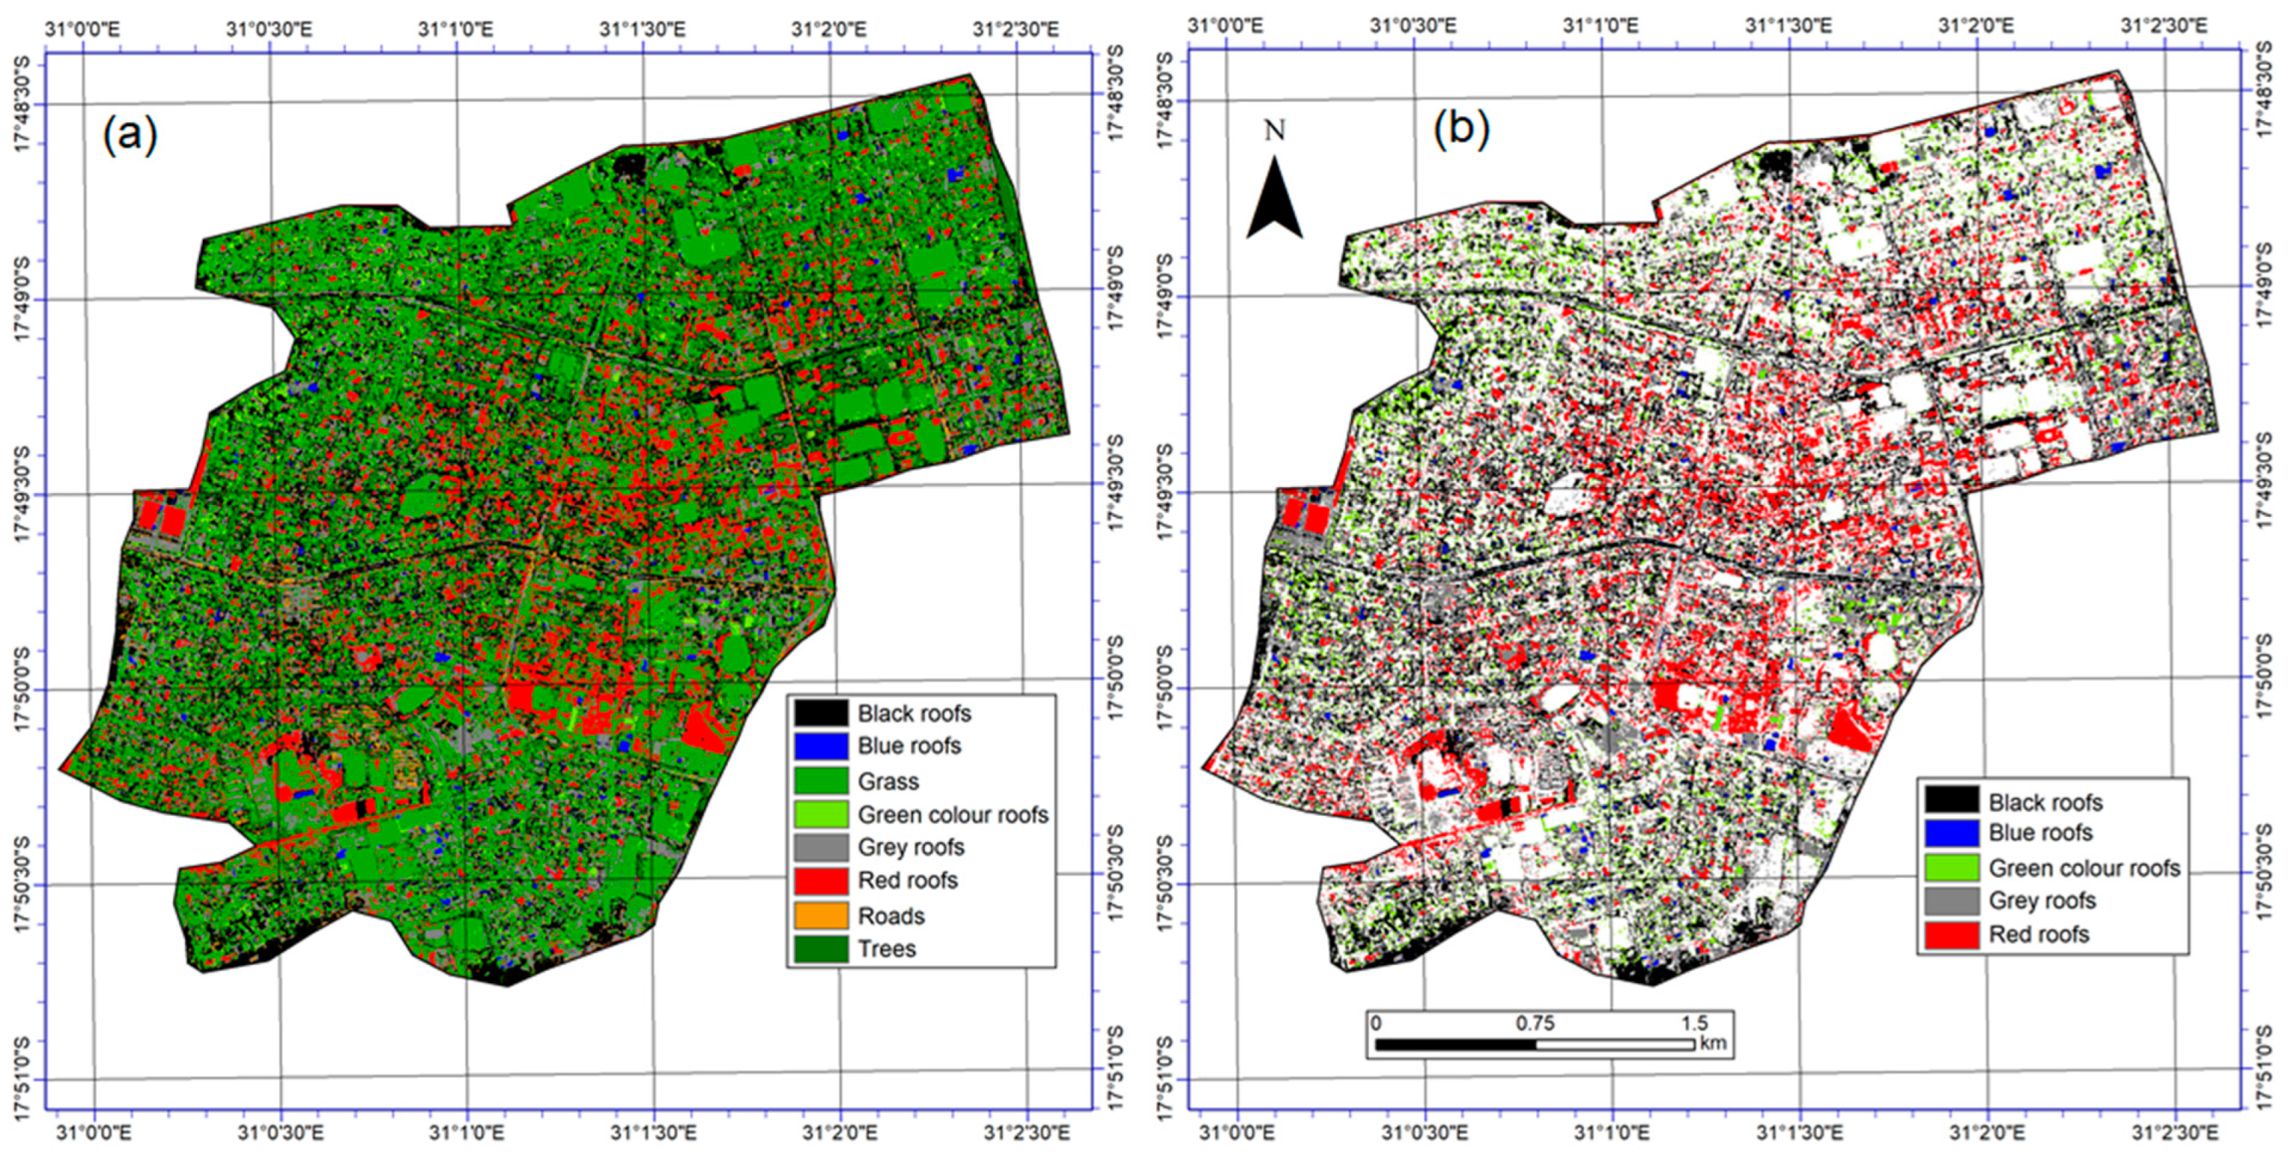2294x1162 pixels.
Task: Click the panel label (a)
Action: pos(130,135)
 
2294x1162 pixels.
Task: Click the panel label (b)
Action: pos(1461,130)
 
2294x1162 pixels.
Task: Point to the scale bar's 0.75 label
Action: pos(1535,1023)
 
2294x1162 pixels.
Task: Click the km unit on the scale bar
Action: pos(1713,1043)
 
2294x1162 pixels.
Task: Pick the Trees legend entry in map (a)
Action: pos(886,948)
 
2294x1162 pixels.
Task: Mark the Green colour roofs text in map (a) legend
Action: pos(952,814)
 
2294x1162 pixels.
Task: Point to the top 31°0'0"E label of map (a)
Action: pos(82,29)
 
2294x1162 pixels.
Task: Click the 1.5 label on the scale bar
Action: pos(1695,1023)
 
